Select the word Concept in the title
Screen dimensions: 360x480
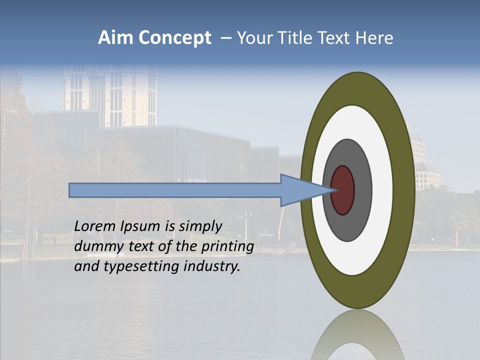pos(175,38)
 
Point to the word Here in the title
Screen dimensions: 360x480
pos(375,38)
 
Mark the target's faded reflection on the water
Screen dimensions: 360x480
pos(357,337)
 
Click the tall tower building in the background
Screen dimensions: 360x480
pos(110,95)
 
